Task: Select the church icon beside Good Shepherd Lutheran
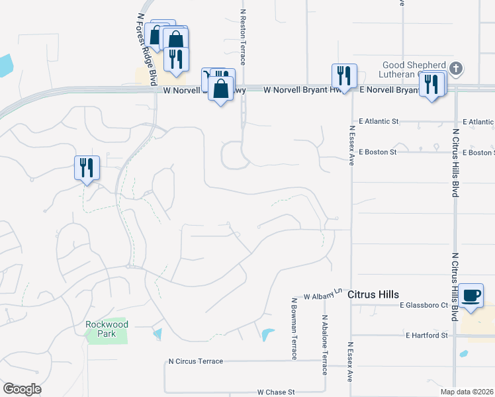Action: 456,68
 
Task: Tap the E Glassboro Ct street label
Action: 425,305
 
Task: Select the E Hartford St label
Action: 427,335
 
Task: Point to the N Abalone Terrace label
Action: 325,344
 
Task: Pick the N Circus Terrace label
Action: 196,361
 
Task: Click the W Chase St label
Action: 275,392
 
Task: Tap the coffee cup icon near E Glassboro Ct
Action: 471,295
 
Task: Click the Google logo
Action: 22,389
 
